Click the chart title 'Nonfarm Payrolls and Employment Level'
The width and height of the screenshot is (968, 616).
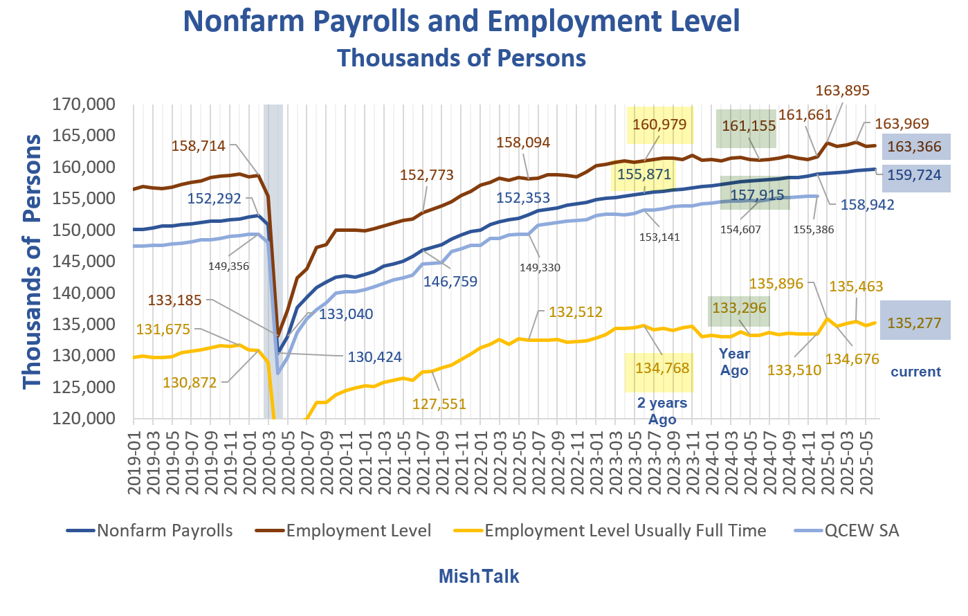462,22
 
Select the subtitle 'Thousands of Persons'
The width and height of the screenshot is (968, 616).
462,58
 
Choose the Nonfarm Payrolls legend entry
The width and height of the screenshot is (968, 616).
150,531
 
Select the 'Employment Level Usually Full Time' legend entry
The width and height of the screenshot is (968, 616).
610,531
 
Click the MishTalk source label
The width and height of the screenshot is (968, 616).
479,577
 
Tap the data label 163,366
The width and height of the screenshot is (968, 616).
914,147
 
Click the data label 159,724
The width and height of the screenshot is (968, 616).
914,176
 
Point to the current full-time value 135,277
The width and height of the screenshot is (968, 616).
914,323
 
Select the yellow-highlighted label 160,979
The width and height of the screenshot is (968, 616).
659,125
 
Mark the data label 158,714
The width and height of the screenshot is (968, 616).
199,146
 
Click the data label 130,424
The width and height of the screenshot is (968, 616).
374,358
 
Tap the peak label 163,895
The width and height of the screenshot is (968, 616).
842,91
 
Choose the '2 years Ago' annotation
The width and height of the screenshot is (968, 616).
662,411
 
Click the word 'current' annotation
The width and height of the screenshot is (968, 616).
915,372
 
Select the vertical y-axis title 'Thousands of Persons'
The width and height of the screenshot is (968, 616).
32,262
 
